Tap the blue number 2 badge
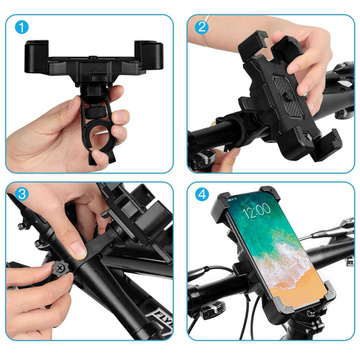click(203, 27)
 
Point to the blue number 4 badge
click(203, 194)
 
